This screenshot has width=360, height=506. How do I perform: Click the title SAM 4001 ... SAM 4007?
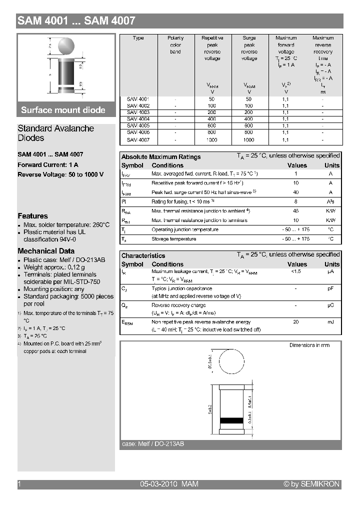click(x=76, y=21)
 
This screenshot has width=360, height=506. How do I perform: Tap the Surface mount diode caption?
click(x=63, y=110)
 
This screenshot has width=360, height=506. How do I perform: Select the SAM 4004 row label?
click(x=138, y=119)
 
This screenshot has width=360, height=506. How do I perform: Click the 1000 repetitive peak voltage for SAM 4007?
click(x=212, y=140)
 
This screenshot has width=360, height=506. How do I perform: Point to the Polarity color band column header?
click(x=175, y=44)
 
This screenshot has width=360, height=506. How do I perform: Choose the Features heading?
click(x=32, y=216)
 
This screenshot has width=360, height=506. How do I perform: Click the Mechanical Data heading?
click(x=46, y=251)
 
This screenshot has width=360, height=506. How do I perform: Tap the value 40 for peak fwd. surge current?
click(x=296, y=192)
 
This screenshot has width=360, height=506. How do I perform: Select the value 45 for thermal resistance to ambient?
click(x=296, y=211)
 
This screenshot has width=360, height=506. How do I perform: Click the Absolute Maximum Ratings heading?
click(x=161, y=157)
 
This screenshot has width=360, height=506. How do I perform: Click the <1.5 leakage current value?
click(x=296, y=271)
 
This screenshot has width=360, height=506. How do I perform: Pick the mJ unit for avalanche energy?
click(x=330, y=322)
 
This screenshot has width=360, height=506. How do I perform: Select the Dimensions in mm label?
click(x=309, y=345)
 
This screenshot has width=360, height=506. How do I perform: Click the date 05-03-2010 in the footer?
click(x=159, y=484)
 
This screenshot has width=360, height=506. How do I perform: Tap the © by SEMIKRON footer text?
click(x=311, y=484)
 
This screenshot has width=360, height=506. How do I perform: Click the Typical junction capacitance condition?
click(x=181, y=288)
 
